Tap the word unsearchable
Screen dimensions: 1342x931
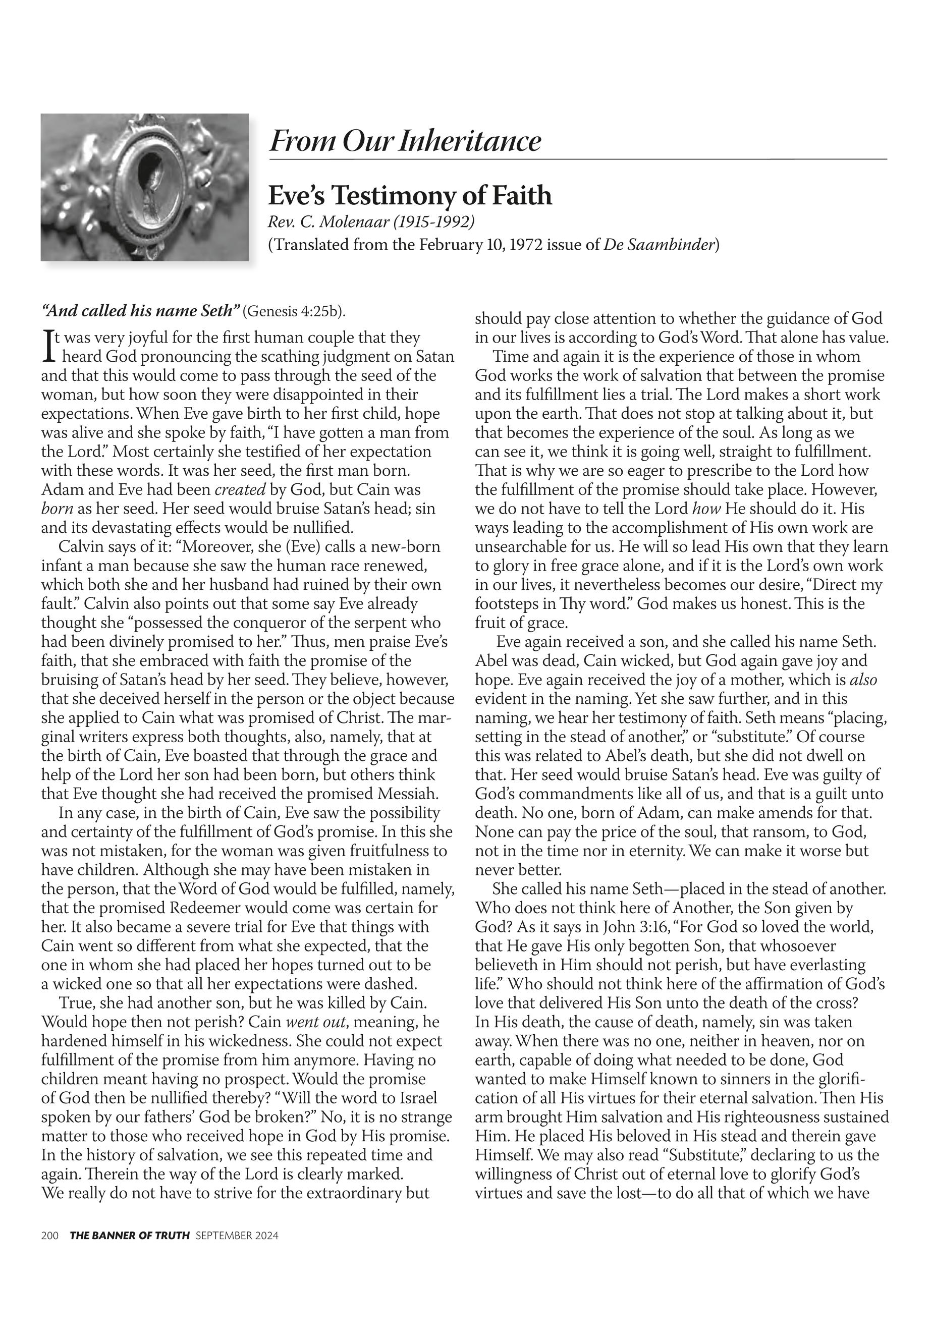tap(527, 547)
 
